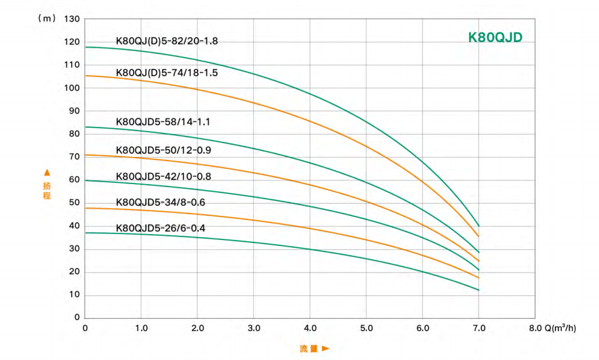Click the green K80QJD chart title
point(495,37)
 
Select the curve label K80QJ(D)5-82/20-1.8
point(168,41)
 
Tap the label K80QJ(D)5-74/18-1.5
point(167,73)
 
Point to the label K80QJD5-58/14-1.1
point(163,122)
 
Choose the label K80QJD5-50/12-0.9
point(163,150)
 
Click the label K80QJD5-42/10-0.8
point(163,176)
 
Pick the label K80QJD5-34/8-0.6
point(160,202)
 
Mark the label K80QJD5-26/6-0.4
point(160,228)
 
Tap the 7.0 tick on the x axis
point(478,328)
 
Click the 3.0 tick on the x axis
point(254,328)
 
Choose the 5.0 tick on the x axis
point(366,328)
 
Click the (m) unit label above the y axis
point(46,18)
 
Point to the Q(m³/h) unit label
point(560,328)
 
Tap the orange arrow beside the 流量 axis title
point(326,349)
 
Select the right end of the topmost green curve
point(479,226)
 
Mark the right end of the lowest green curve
point(479,290)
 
